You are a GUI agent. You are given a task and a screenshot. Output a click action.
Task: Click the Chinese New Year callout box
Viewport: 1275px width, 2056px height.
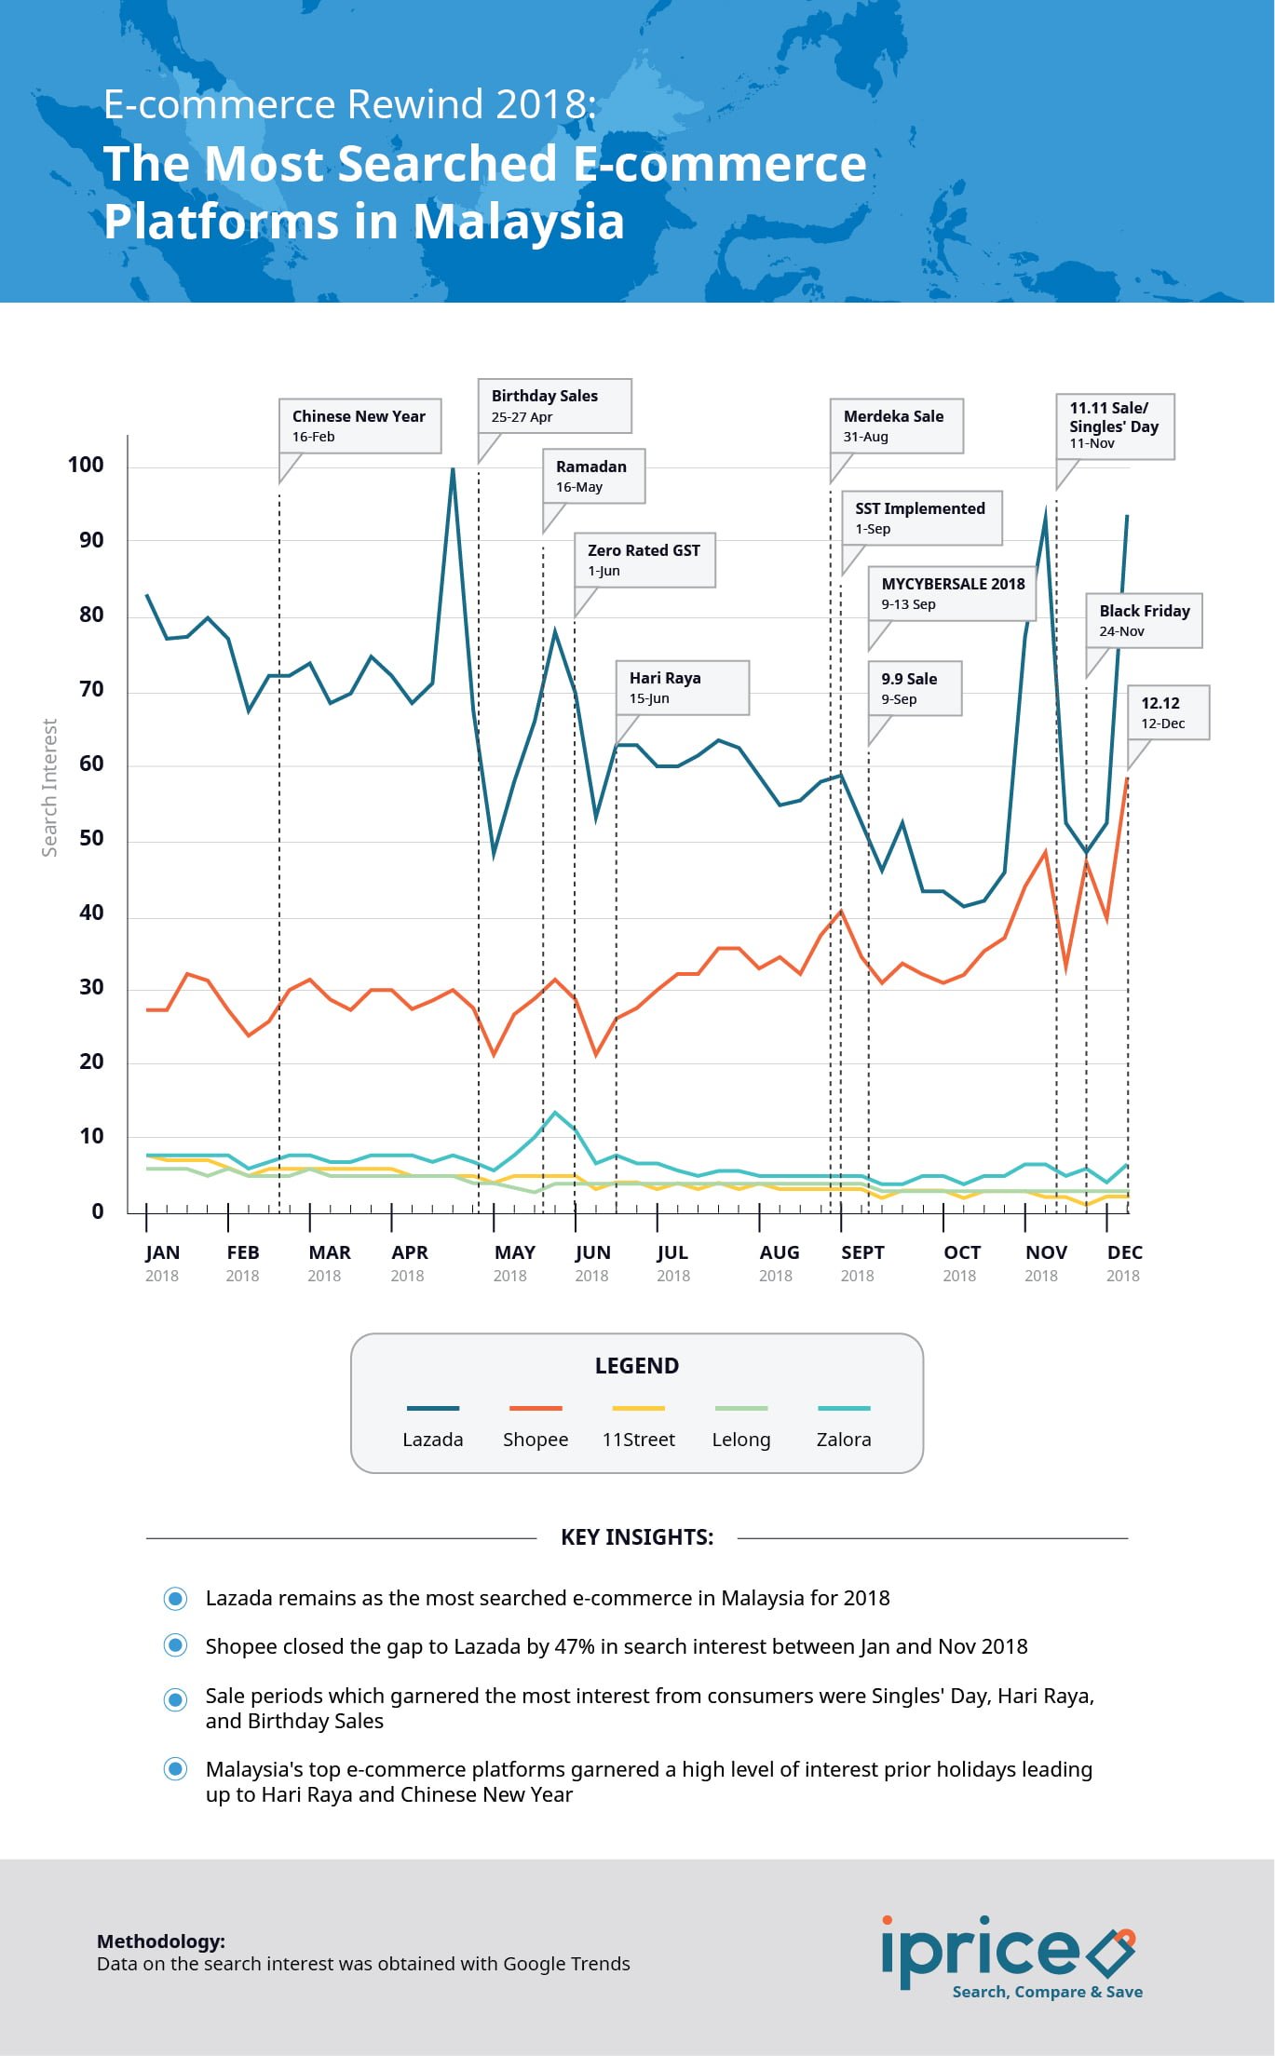(359, 426)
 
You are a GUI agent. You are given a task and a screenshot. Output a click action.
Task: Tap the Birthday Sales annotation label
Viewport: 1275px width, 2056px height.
(554, 405)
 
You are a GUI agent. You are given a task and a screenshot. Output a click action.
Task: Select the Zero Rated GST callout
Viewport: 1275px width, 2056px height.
(644, 560)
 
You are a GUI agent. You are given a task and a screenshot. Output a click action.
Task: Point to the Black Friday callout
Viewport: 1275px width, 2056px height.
(1144, 620)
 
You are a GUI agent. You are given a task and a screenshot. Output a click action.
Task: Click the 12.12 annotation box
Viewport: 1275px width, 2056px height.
(1168, 712)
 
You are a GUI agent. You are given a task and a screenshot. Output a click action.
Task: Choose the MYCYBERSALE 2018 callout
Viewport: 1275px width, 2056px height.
(952, 593)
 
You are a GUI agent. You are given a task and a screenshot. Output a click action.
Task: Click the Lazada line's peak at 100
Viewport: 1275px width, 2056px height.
(453, 468)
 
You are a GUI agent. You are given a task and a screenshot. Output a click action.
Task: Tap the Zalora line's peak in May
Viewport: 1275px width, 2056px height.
(555, 1113)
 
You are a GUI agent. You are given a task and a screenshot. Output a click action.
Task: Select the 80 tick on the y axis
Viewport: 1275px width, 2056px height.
(91, 615)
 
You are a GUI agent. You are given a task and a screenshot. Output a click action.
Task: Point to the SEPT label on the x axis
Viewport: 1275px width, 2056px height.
(862, 1252)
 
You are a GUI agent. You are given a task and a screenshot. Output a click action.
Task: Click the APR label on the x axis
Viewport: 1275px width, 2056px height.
(410, 1252)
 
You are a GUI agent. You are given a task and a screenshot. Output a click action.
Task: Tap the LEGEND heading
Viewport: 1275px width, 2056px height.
(637, 1366)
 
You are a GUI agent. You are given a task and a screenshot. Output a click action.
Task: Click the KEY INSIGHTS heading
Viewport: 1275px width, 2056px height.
(637, 1537)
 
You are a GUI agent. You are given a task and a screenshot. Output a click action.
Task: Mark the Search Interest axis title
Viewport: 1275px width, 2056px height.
(49, 788)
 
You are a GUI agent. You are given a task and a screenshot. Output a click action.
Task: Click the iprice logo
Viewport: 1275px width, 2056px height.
(1010, 1955)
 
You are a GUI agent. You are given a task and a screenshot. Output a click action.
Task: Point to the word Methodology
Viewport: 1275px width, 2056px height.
(161, 1941)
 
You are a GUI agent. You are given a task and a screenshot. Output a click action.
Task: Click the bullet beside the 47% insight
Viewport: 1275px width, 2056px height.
(175, 1645)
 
